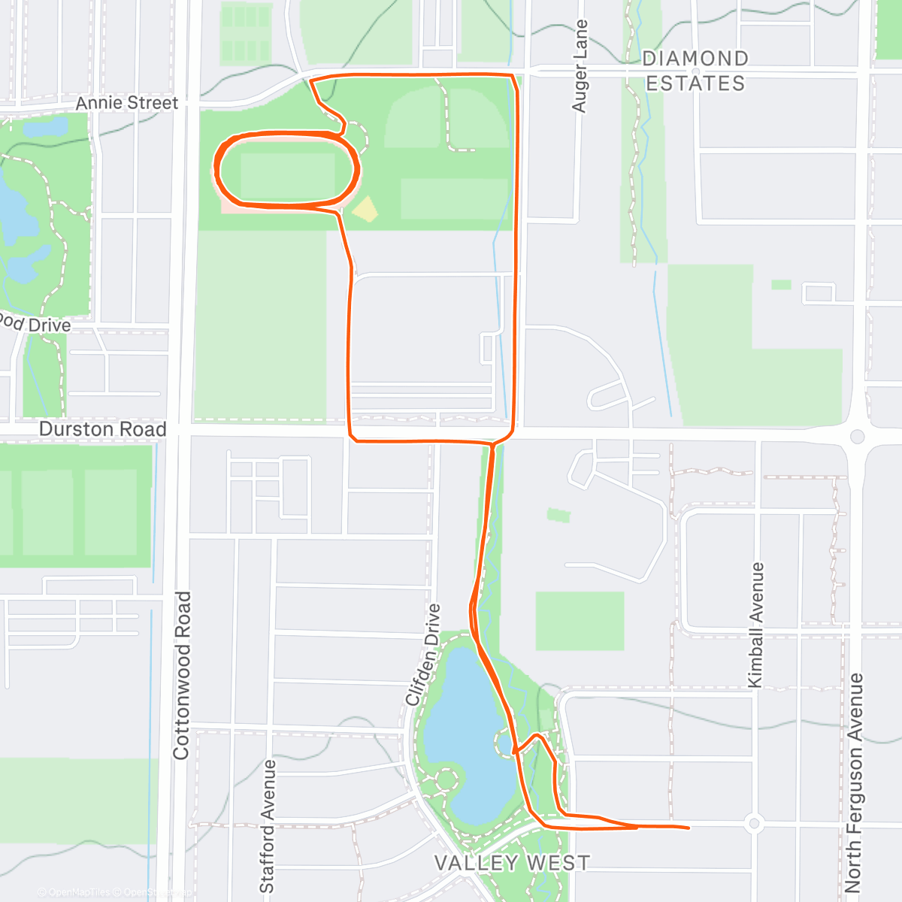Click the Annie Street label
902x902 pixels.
127,103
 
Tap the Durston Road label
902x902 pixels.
102,429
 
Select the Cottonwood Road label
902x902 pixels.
181,675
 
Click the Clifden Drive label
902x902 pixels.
423,654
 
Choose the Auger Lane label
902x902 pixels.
580,66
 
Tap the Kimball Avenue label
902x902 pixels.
755,625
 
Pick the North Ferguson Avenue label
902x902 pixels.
854,782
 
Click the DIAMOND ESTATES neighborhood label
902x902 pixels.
695,71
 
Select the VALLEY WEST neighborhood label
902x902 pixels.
512,863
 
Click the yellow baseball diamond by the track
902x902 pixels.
365,210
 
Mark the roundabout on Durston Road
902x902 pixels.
858,437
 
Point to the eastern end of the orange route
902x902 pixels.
688,828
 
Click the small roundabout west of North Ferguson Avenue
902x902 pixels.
755,823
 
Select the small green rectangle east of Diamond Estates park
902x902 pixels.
781,285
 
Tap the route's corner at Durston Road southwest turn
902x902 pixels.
352,438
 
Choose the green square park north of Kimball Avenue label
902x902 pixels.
580,621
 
